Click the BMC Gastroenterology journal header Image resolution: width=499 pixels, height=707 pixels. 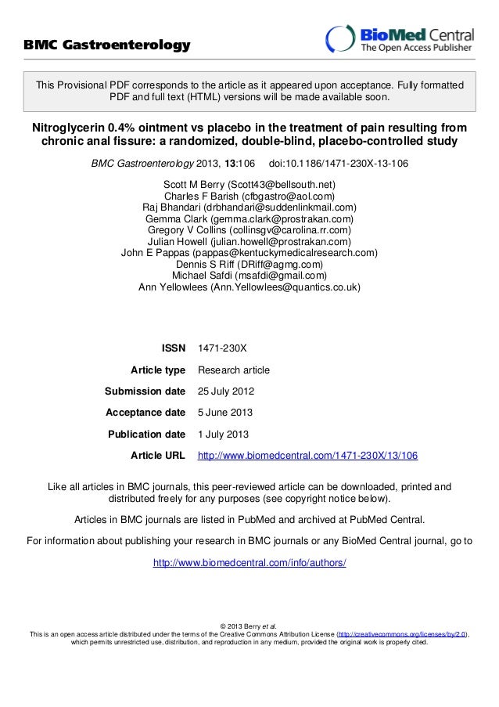point(106,45)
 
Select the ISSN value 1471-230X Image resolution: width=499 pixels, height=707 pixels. point(223,348)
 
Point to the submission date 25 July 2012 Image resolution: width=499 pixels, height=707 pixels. point(225,391)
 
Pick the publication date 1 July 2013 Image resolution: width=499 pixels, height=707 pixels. point(223,434)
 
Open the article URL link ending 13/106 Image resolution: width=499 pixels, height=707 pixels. point(308,455)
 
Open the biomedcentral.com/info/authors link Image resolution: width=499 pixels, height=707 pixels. point(249,563)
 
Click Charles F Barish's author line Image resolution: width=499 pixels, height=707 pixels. point(249,197)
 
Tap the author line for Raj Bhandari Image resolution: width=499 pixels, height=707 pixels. point(249,207)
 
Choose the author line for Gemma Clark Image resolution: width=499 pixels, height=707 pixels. point(249,219)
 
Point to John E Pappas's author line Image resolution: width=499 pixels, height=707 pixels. point(249,253)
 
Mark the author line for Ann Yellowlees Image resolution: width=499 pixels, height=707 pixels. point(249,287)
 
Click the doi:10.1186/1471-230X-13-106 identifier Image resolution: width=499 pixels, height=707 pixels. point(337,164)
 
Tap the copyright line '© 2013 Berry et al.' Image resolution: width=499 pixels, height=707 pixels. point(249,625)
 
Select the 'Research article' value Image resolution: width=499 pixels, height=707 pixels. point(234,370)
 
